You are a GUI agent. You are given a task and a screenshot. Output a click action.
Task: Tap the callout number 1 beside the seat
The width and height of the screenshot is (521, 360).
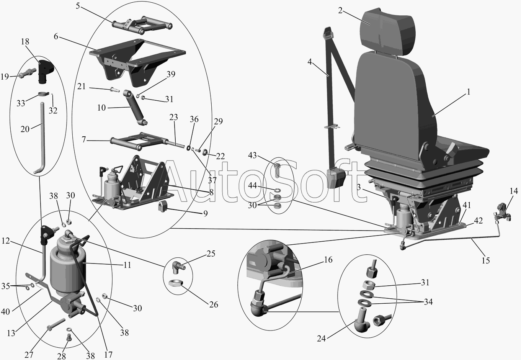click(x=469, y=92)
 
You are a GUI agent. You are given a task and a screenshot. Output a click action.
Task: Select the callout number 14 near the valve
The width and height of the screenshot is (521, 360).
click(x=514, y=191)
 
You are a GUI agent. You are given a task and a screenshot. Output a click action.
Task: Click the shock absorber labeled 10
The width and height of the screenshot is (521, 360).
click(x=136, y=107)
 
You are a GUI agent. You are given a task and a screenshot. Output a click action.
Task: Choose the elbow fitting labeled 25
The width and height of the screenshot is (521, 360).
click(x=178, y=267)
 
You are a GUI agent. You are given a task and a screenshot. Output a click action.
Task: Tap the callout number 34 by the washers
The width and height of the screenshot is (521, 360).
click(x=428, y=302)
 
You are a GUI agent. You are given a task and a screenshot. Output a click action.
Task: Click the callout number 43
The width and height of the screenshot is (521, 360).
click(x=252, y=155)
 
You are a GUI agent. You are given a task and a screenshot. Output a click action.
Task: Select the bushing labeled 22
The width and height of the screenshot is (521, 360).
click(x=205, y=152)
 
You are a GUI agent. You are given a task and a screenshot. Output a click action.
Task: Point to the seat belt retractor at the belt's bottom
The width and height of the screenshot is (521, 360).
click(x=336, y=178)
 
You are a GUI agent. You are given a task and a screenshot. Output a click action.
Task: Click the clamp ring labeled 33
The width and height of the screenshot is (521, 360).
click(x=44, y=94)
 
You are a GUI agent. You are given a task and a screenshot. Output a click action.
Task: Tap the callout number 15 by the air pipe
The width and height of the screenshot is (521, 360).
click(x=486, y=260)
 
